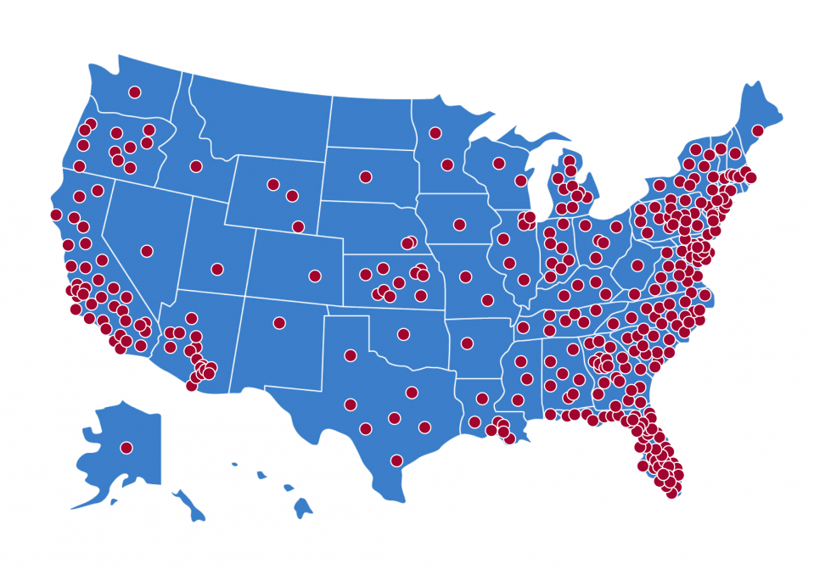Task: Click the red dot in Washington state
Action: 134,92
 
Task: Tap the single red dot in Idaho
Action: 196,166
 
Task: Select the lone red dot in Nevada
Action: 147,251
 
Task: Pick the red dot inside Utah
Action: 217,270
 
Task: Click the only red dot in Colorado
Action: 315,276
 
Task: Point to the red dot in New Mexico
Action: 278,322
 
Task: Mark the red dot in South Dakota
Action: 366,177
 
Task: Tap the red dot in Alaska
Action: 126,447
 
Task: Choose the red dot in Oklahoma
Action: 403,334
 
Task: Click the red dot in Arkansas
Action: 467,343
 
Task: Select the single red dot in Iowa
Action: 459,225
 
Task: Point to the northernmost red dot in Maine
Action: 757,131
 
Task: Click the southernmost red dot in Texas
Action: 396,460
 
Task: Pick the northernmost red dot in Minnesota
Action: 435,132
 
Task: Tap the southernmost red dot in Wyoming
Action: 298,226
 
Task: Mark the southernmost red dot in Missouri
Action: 487,300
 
